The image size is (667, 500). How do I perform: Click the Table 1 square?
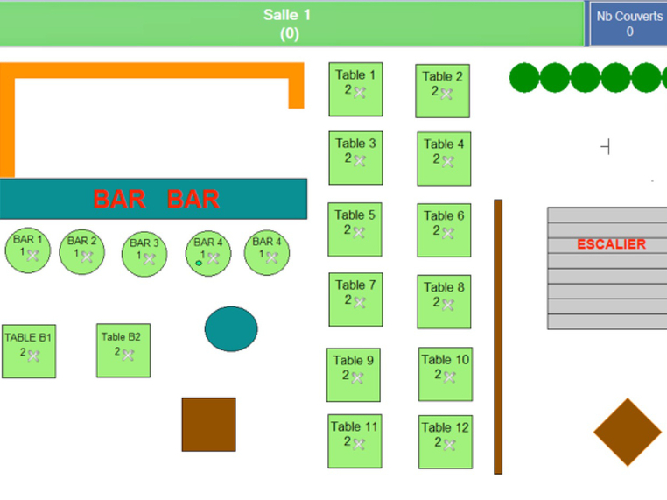[355, 88]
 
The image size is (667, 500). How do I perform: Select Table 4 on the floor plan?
[444, 158]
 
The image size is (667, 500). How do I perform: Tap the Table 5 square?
[355, 229]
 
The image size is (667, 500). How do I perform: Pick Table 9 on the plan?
[354, 374]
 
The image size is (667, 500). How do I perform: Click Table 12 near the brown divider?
[445, 441]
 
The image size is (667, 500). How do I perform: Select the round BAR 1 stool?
[28, 250]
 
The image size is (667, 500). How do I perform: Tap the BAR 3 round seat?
[144, 254]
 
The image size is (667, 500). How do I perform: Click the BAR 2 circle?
[82, 252]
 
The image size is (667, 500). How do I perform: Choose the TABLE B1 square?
[29, 350]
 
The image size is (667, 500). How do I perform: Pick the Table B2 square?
[123, 350]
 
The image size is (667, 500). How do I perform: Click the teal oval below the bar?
[231, 328]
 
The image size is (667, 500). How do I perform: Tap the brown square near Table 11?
[208, 425]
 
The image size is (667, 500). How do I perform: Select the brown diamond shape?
[628, 433]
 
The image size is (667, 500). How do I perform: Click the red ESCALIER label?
[611, 244]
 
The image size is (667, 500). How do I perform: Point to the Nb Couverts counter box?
[628, 24]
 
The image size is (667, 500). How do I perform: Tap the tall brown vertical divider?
[498, 336]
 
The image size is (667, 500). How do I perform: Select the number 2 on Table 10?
[438, 374]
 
